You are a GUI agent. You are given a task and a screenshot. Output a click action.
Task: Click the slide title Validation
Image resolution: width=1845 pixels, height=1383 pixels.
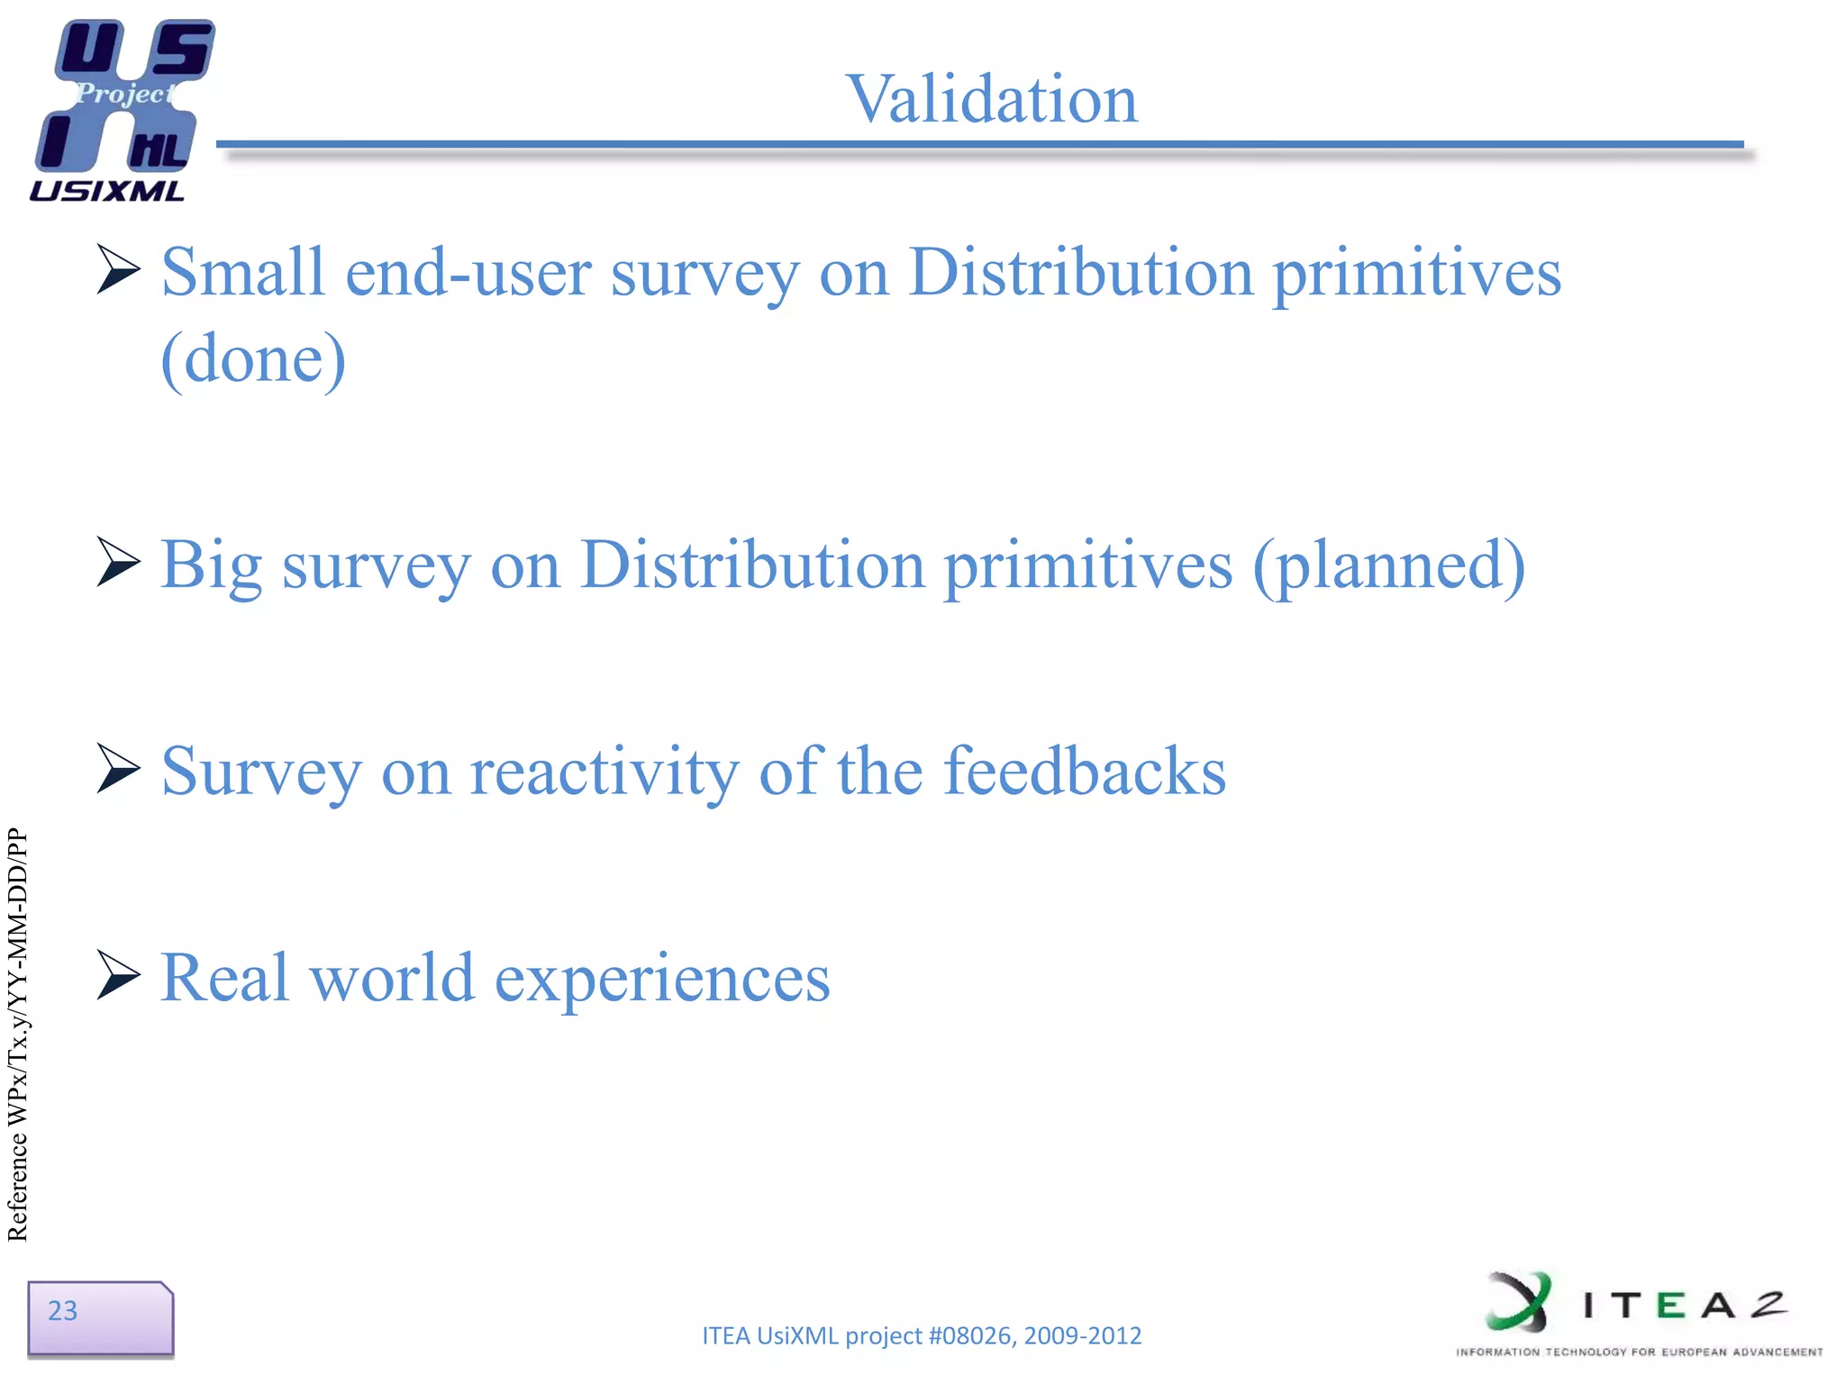click(992, 99)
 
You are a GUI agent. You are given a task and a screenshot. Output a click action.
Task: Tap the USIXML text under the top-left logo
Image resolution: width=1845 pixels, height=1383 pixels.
click(107, 191)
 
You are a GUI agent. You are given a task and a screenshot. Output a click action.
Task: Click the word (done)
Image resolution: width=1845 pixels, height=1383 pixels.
click(253, 358)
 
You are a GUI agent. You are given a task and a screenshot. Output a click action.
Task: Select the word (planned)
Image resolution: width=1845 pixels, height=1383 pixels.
click(1388, 565)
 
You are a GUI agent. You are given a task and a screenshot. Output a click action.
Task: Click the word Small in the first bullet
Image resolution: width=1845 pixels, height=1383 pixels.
click(242, 272)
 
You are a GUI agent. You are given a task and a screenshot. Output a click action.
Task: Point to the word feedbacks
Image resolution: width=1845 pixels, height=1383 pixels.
click(1085, 771)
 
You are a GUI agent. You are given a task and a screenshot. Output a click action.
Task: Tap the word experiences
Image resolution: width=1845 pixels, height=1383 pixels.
click(662, 980)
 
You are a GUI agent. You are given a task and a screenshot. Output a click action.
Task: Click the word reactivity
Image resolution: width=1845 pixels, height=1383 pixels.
click(604, 773)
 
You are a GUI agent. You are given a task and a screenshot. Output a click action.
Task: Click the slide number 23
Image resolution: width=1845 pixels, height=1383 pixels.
click(63, 1311)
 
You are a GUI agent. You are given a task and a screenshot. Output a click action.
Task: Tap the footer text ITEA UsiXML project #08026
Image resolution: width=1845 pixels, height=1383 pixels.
click(921, 1335)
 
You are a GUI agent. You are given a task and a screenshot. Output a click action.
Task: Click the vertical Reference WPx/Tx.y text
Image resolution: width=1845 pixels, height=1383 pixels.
click(18, 1035)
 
